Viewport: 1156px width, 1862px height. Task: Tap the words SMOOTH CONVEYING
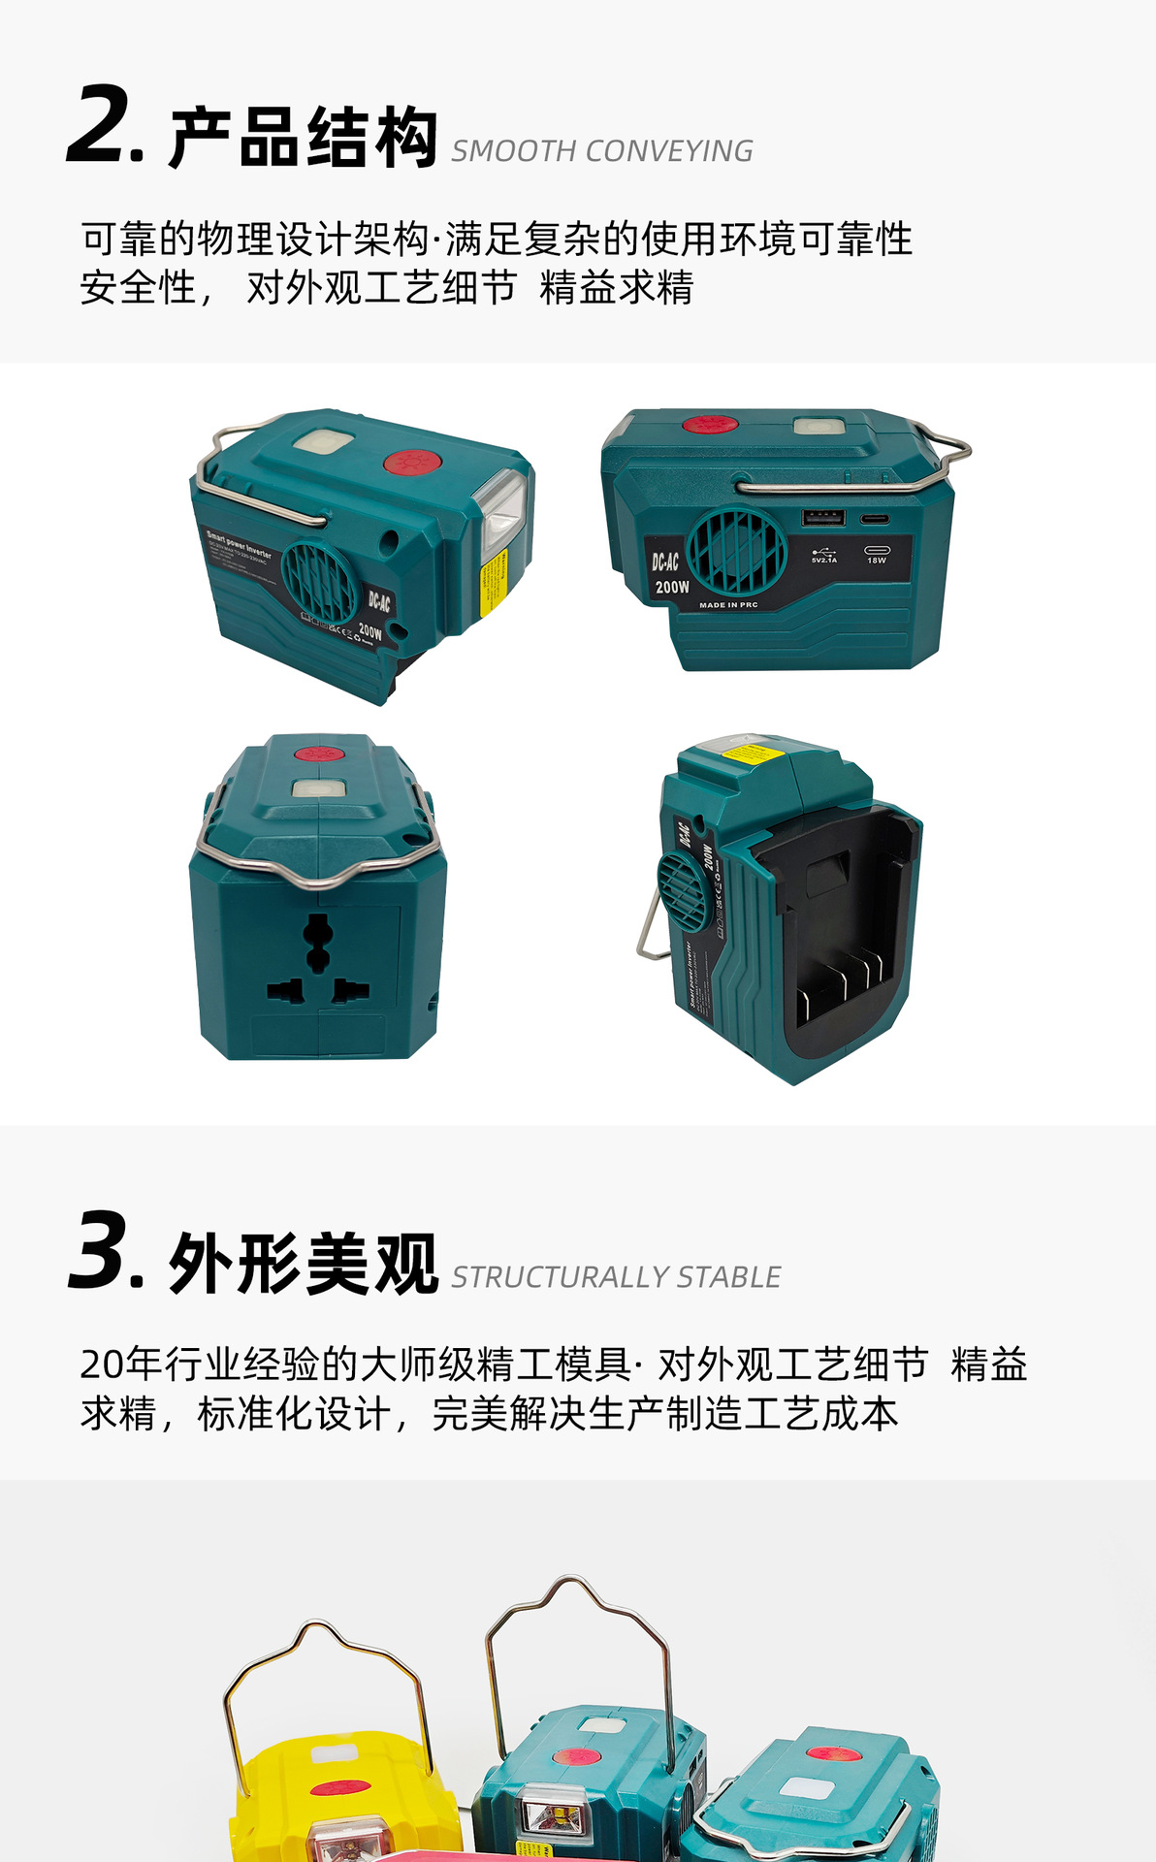(601, 151)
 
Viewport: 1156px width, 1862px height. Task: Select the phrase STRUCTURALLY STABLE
(616, 1277)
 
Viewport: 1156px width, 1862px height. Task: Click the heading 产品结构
(304, 139)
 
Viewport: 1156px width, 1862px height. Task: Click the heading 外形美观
(304, 1264)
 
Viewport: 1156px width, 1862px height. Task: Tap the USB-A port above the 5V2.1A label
(822, 518)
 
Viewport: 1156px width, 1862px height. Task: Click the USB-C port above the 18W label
(876, 520)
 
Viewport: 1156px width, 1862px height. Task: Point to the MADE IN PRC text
(728, 605)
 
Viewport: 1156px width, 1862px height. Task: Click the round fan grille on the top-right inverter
(736, 550)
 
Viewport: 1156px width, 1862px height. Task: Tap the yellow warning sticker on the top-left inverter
(494, 583)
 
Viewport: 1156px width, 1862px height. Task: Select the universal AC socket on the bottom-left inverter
(317, 960)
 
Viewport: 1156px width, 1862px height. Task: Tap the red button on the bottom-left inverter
(316, 754)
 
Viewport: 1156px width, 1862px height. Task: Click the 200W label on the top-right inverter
(671, 587)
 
